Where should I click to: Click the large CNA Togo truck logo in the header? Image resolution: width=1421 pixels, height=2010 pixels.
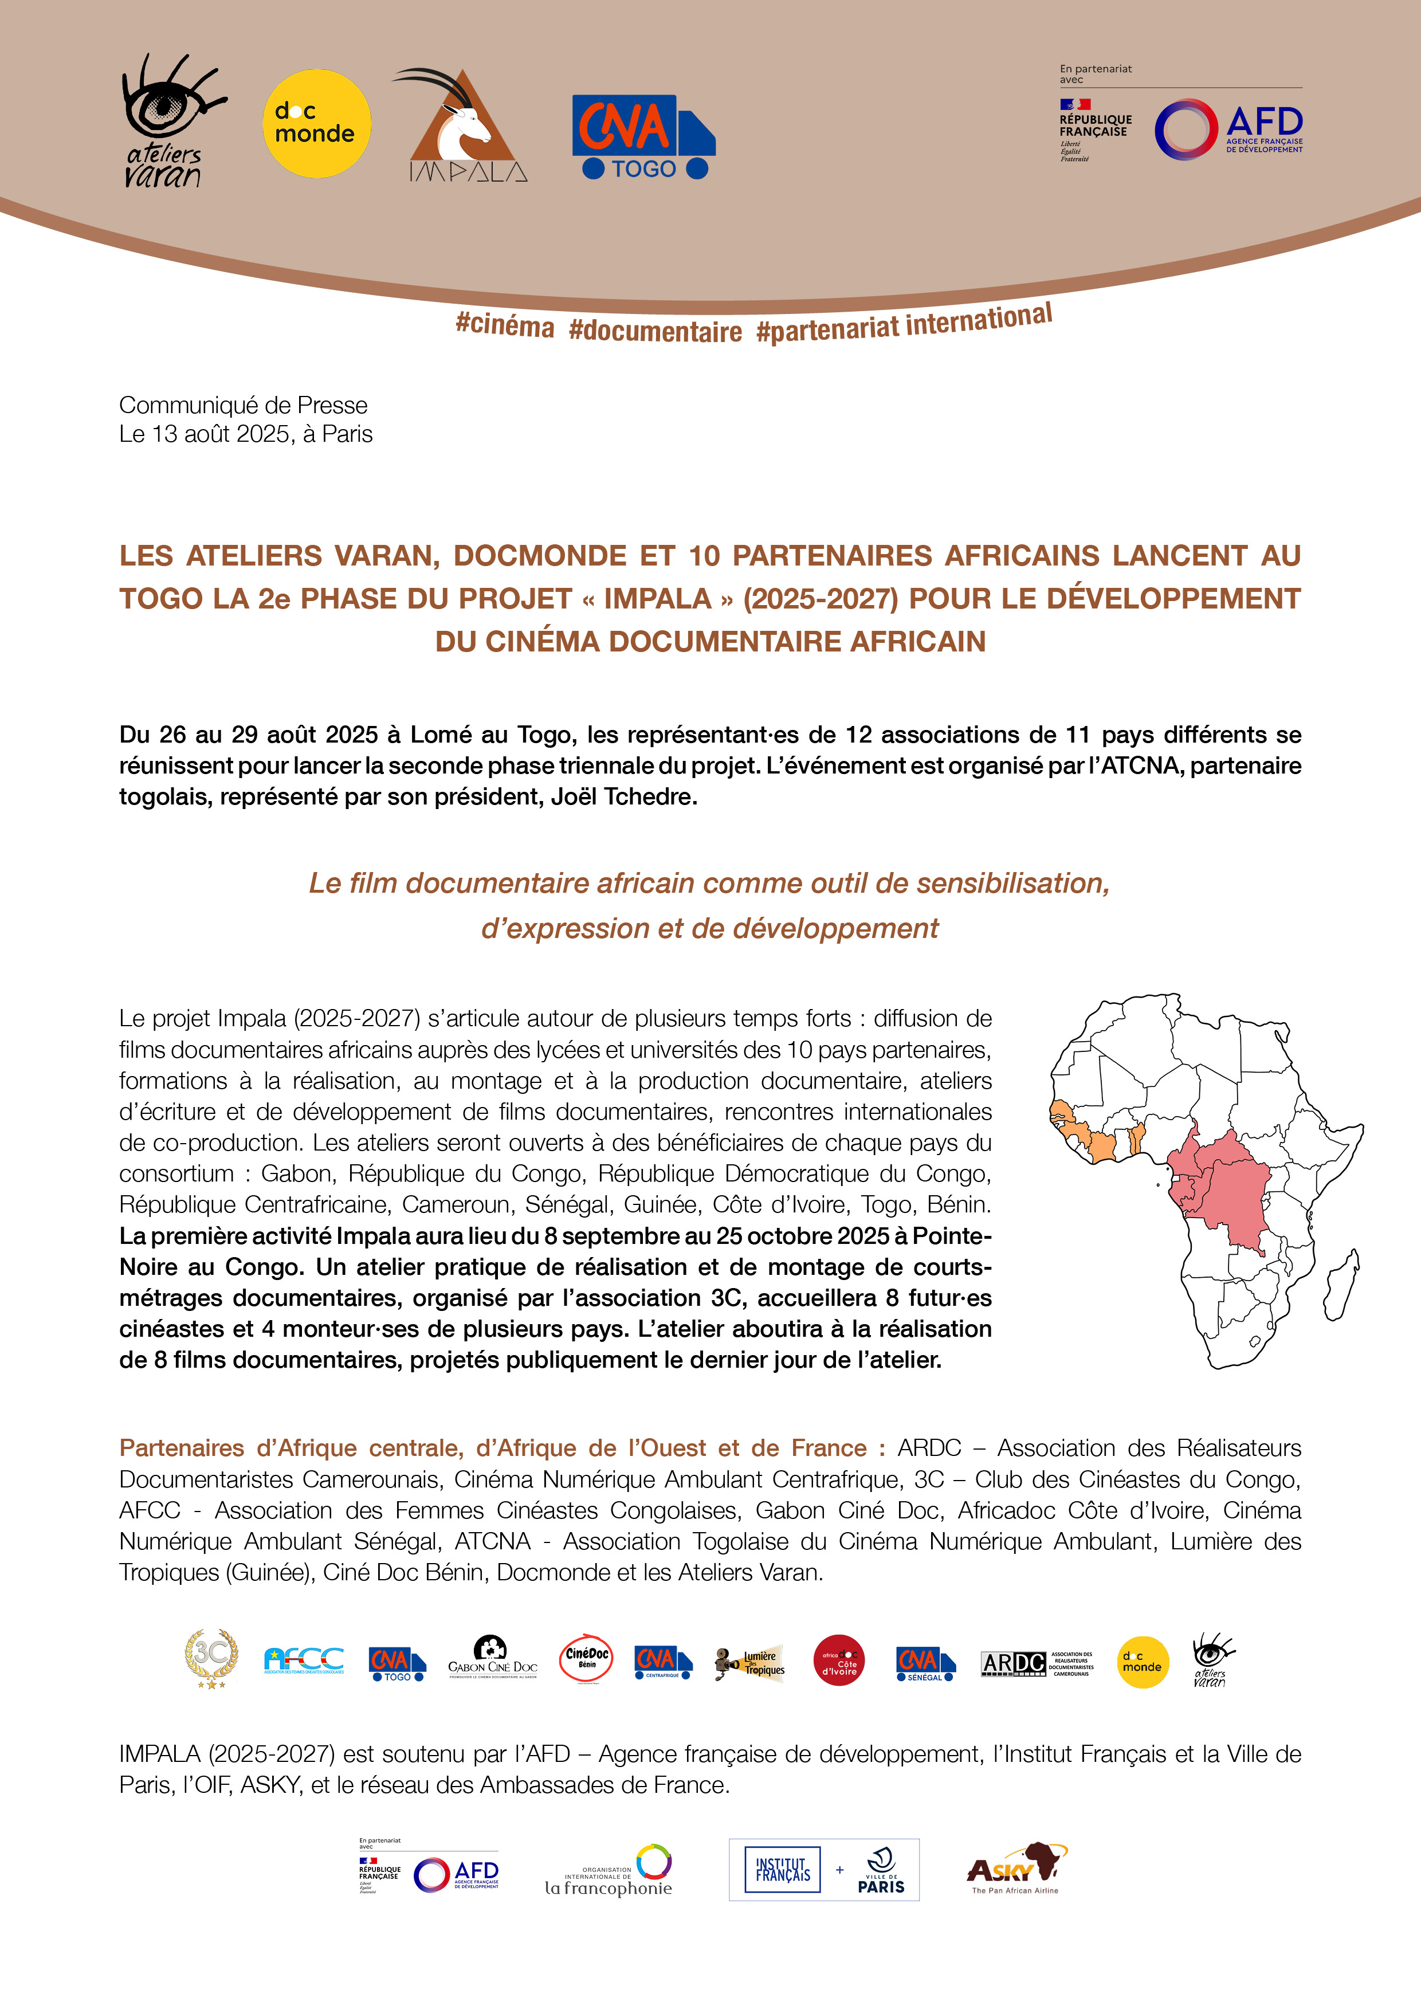coord(643,136)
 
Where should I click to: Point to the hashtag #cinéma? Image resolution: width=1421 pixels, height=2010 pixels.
coord(504,325)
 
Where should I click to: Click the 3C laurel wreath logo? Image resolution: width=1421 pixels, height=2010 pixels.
coord(211,1658)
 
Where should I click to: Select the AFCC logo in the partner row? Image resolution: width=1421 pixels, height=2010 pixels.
coord(304,1660)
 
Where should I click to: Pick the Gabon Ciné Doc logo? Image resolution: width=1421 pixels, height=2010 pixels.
coord(492,1658)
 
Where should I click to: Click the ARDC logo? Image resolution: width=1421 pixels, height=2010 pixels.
coord(1037,1662)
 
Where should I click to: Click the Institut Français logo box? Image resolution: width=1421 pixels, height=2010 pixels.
coord(783,1870)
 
